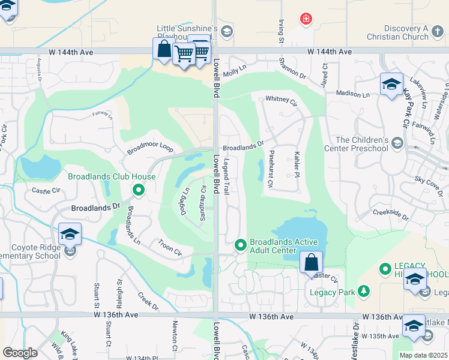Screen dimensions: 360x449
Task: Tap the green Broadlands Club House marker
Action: point(138,190)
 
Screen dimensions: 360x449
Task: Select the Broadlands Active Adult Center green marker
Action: point(241,245)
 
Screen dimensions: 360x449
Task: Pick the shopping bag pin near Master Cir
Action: point(312,263)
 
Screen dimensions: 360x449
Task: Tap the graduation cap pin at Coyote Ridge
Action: point(70,234)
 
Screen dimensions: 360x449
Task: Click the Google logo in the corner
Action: point(20,353)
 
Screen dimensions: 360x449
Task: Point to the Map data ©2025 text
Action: point(423,355)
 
